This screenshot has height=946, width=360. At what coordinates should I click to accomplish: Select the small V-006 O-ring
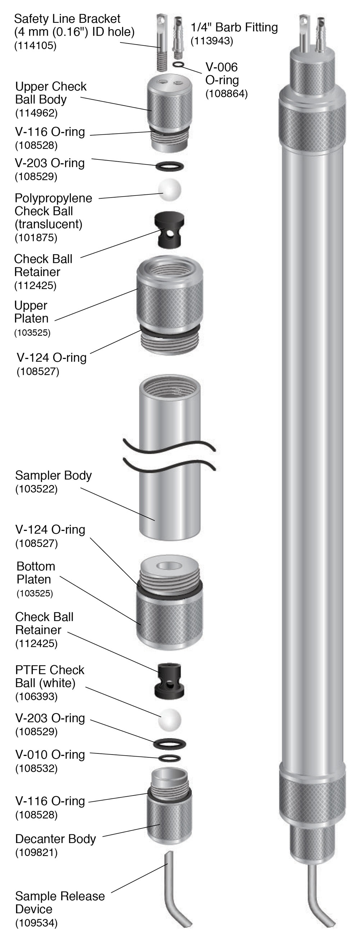pos(178,65)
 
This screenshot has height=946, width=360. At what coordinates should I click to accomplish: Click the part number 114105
pos(36,46)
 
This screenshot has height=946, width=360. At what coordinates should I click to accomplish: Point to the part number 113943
pos(212,41)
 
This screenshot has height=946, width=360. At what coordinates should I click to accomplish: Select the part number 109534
pos(36,933)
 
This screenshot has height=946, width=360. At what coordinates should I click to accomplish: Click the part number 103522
pos(36,489)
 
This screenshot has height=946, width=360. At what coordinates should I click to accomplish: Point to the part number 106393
pos(36,696)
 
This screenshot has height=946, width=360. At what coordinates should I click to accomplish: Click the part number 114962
pos(36,113)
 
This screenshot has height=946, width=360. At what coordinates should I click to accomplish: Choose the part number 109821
pos(36,852)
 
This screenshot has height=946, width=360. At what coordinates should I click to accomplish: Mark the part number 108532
pos(36,768)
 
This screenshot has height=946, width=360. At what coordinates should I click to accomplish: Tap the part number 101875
pos(36,238)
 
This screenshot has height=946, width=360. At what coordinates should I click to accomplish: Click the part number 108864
pos(226,94)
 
